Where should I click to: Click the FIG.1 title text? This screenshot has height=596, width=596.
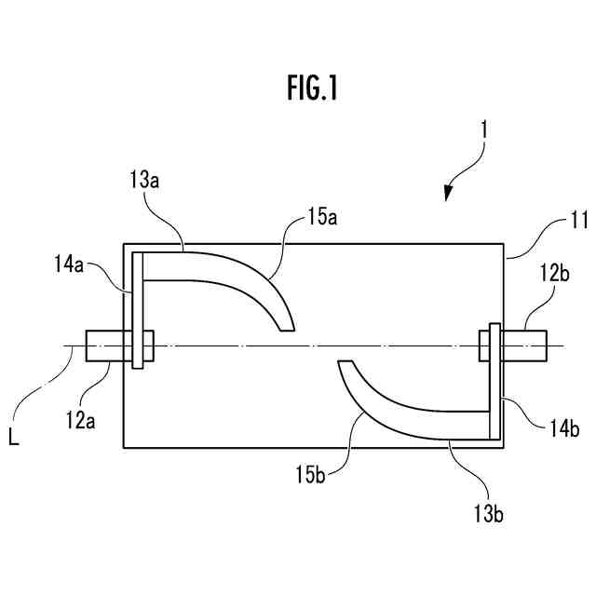tap(311, 89)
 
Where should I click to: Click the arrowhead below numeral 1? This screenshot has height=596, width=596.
tap(449, 193)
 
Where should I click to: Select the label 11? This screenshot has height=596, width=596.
tap(553, 223)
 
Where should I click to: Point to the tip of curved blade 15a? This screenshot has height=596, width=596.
tap(287, 326)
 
